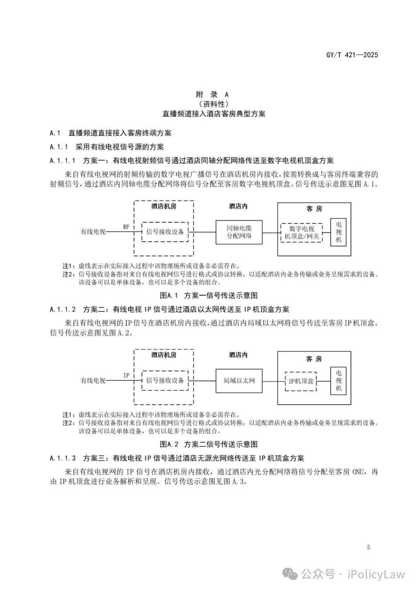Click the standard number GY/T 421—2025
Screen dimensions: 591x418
pos(352,55)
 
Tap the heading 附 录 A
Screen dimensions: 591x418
pos(212,94)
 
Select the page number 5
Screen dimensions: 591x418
pos(368,547)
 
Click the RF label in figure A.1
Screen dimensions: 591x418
pos(126,227)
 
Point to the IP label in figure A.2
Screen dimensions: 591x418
pos(126,375)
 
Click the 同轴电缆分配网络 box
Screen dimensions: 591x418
pos(239,232)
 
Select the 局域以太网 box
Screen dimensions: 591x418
pos(239,380)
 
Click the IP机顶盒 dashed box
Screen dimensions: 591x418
pos(301,381)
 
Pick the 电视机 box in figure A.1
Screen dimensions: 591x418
pos(339,232)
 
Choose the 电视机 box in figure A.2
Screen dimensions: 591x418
pos(339,380)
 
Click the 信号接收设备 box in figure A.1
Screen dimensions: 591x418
pos(165,232)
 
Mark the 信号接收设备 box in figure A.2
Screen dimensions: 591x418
pos(165,380)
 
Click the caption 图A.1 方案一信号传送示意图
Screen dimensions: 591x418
pos(209,295)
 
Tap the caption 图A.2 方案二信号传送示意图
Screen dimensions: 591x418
pos(209,444)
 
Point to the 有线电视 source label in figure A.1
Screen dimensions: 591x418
pos(93,232)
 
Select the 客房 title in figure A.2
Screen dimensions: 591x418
pos(314,359)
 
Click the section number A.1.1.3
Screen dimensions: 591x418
pos(63,458)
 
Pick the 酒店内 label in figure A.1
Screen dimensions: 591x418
pos(238,206)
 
